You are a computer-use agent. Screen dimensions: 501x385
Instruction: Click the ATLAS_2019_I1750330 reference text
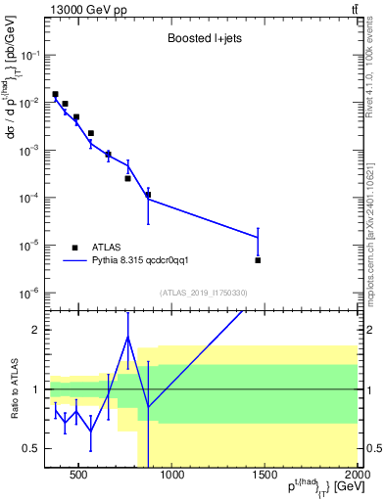pyautogui.click(x=202, y=293)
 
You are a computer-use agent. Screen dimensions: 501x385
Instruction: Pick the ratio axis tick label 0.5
pyautogui.click(x=30, y=449)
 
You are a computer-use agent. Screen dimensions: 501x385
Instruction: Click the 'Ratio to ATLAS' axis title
pyautogui.click(x=13, y=388)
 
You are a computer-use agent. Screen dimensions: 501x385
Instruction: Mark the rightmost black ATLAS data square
pyautogui.click(x=258, y=260)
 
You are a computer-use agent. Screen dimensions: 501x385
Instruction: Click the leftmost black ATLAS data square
pyautogui.click(x=55, y=94)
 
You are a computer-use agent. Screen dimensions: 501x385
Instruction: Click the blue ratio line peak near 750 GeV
pyautogui.click(x=127, y=338)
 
